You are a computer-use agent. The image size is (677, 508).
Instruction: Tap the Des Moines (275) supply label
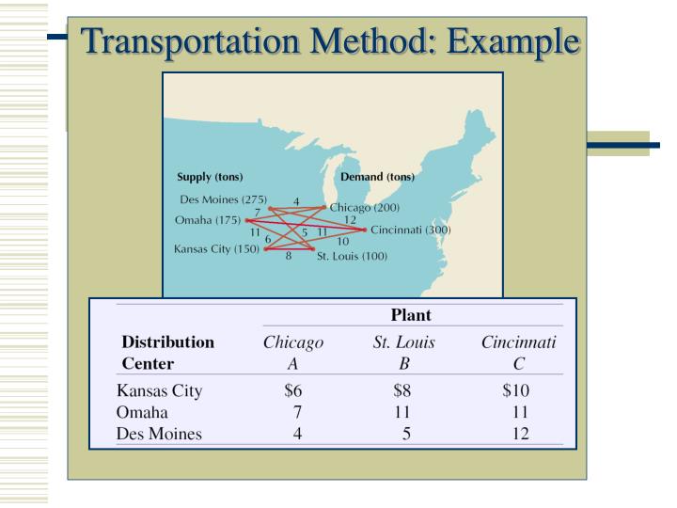(x=223, y=199)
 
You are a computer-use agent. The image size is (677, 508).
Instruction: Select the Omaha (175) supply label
(x=208, y=220)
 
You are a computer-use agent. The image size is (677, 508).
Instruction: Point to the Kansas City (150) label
(x=216, y=249)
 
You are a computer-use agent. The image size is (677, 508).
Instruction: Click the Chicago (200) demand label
(x=365, y=207)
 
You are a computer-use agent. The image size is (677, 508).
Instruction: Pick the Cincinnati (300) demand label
(x=411, y=230)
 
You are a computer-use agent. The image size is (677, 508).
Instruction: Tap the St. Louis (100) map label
(x=352, y=255)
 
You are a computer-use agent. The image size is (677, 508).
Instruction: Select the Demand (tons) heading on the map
(x=377, y=177)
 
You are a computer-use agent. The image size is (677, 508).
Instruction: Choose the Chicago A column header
(x=292, y=353)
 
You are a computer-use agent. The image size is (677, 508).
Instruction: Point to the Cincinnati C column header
(x=518, y=353)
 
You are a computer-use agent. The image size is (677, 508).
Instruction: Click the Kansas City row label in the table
(x=160, y=390)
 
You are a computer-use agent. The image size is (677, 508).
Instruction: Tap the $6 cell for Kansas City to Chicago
(x=292, y=390)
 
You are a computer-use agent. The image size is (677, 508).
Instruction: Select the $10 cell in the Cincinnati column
(x=516, y=390)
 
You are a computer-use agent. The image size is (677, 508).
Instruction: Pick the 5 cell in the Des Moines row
(x=406, y=434)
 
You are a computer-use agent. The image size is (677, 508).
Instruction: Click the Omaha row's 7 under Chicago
(x=296, y=412)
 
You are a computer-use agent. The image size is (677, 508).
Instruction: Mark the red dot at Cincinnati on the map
(x=365, y=230)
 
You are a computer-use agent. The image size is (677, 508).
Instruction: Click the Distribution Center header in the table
(x=168, y=353)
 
